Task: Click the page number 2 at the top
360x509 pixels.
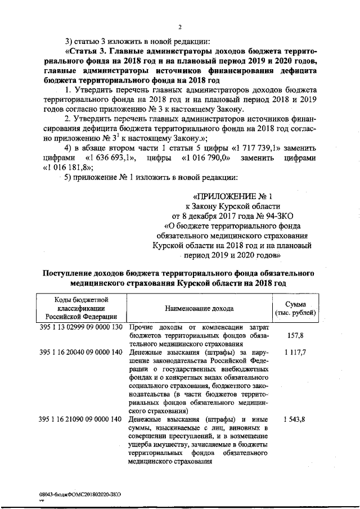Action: pyautogui.click(x=180, y=27)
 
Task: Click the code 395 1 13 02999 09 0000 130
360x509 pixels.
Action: pyautogui.click(x=81, y=327)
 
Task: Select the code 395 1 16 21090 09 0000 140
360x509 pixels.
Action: pyautogui.click(x=81, y=420)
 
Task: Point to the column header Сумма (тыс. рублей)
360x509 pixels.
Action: pyautogui.click(x=295, y=308)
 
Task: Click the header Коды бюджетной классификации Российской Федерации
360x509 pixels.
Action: pyautogui.click(x=81, y=308)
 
